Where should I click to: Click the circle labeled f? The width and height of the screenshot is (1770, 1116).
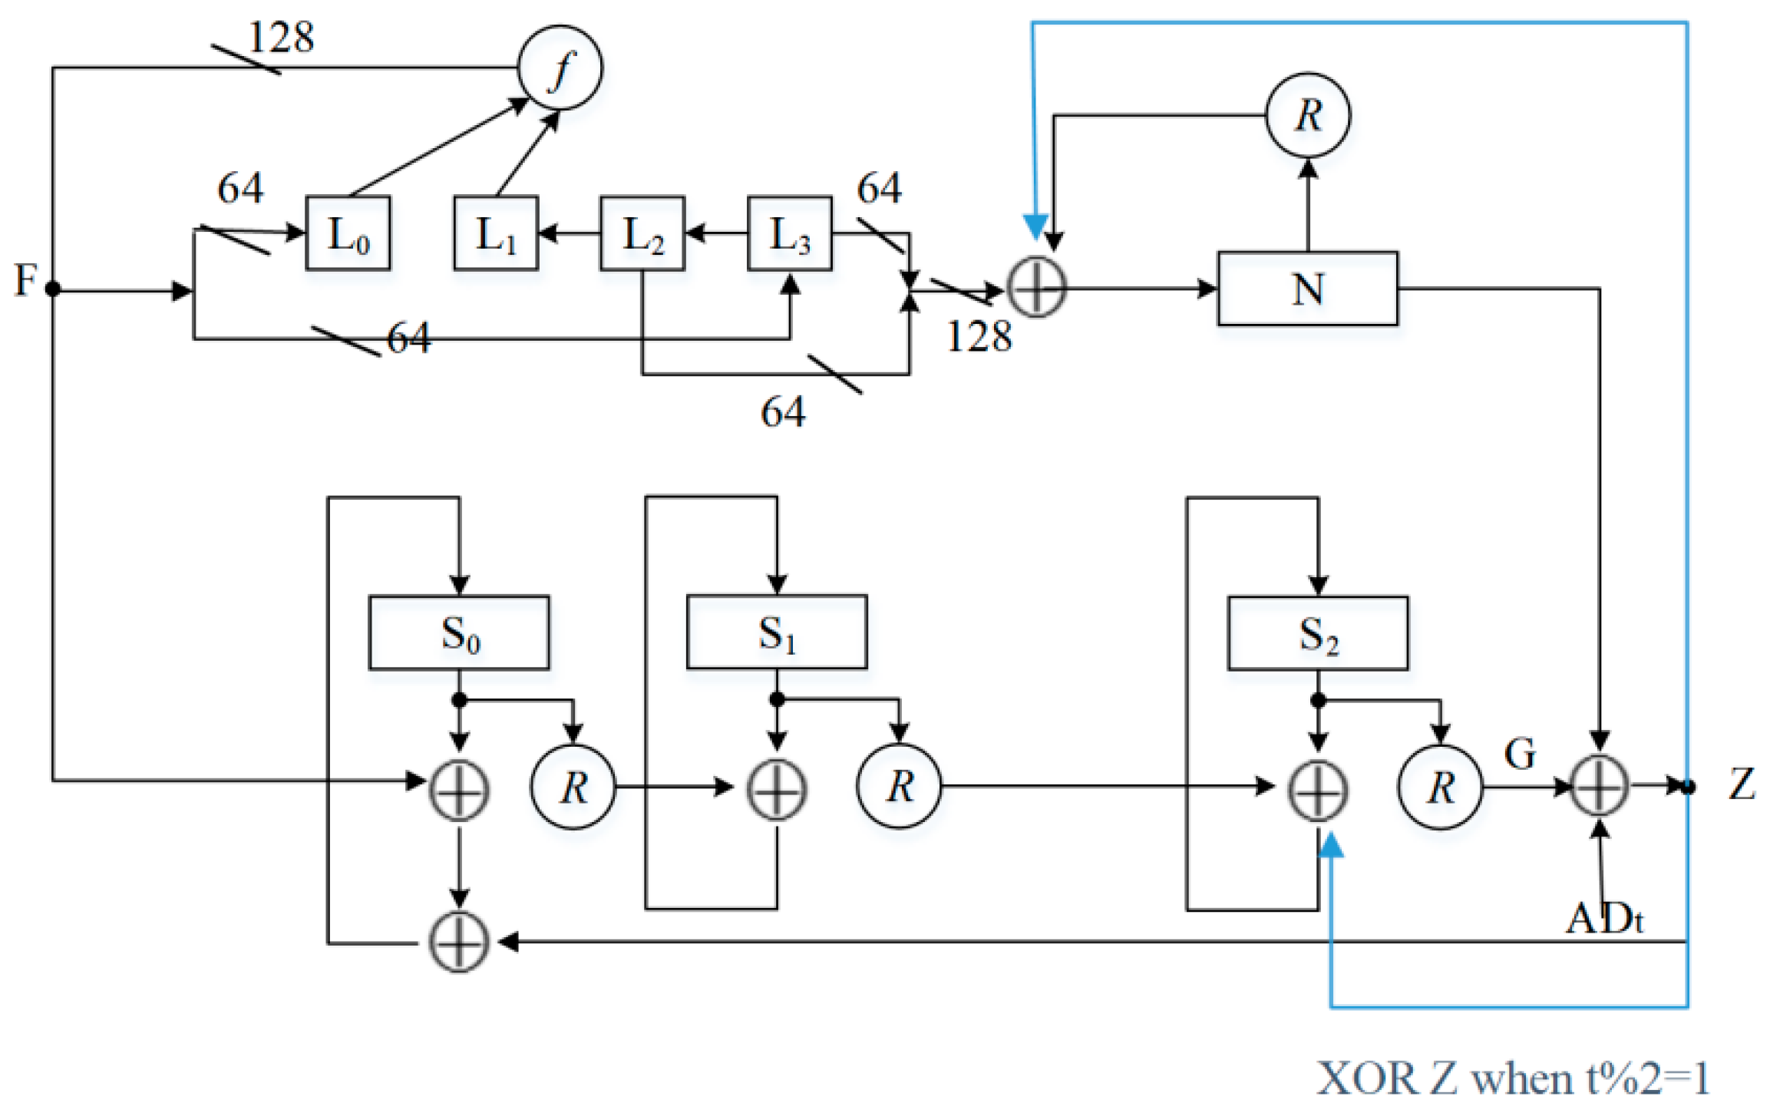(x=560, y=68)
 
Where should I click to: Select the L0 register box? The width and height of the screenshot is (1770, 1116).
(x=348, y=233)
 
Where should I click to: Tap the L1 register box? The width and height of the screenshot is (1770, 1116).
(x=496, y=233)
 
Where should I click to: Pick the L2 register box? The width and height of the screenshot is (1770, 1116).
(x=642, y=233)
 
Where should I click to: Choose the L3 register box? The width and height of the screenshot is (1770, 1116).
(x=789, y=233)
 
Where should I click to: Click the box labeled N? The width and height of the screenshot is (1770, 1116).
(x=1307, y=289)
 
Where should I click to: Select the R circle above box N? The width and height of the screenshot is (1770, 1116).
(x=1307, y=115)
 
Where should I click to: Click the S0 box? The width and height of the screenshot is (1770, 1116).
(x=459, y=633)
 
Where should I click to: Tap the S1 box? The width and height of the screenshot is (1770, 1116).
(x=777, y=632)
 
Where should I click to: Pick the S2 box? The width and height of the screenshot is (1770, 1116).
(x=1318, y=633)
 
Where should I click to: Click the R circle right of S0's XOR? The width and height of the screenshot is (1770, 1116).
(x=573, y=787)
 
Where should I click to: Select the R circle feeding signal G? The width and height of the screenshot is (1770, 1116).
(x=1440, y=787)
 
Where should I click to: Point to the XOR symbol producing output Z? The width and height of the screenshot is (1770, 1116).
(x=1600, y=786)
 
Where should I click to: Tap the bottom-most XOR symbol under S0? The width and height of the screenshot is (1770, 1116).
(x=458, y=942)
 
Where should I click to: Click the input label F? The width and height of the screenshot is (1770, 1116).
(x=25, y=280)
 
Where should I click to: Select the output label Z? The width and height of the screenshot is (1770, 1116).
(x=1742, y=784)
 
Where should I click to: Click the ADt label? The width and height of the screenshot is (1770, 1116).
(x=1604, y=918)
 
